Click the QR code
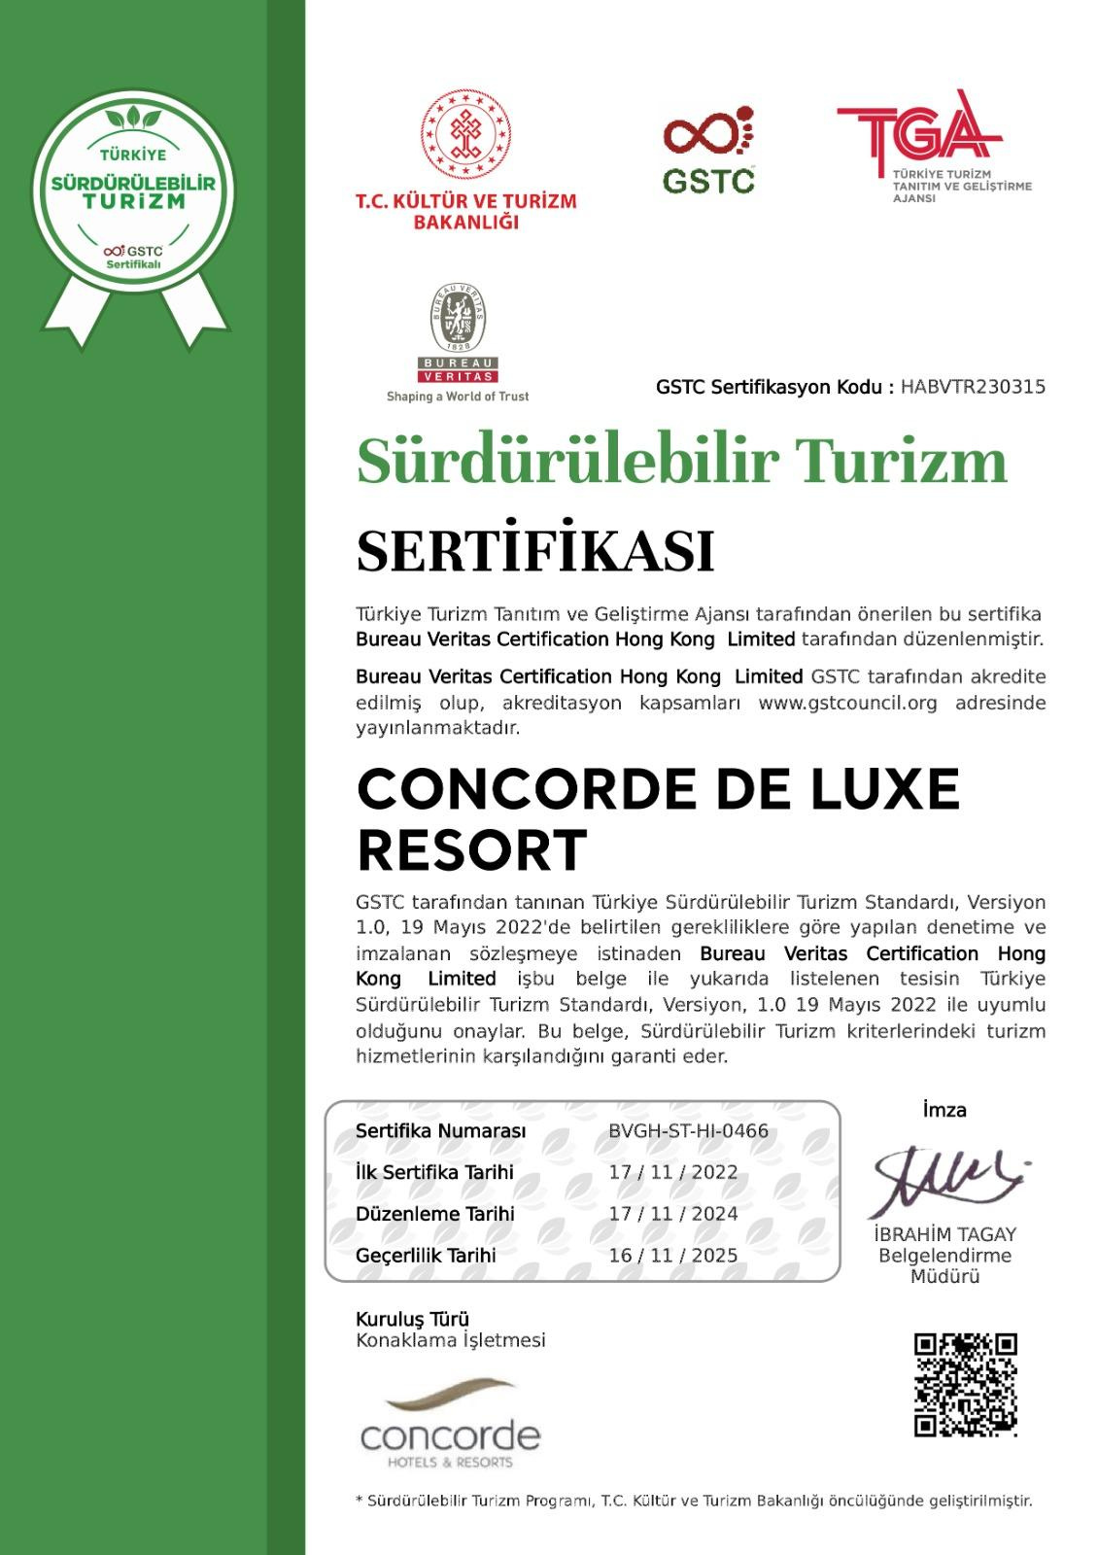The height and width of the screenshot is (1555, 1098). (965, 1385)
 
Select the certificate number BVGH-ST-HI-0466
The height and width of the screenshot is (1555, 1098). (688, 1130)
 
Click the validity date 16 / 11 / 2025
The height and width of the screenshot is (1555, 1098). (672, 1255)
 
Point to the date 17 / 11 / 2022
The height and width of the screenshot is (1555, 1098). (672, 1172)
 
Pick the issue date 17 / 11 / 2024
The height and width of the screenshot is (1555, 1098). (672, 1214)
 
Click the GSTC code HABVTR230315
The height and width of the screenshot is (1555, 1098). (973, 387)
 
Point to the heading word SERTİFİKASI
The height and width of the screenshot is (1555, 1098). (535, 550)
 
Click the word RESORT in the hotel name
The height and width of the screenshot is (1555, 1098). (472, 850)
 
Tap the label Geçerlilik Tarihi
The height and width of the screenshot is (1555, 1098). (426, 1256)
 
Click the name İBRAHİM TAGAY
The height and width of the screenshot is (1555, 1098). (944, 1234)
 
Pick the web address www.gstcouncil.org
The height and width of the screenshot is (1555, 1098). (847, 703)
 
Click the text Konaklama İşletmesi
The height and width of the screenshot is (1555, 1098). (450, 1341)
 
